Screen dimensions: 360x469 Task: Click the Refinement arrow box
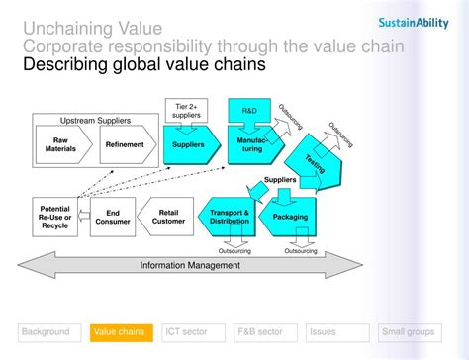coord(125,144)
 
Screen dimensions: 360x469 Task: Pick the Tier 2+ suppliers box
coord(187,112)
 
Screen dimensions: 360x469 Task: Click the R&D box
coord(248,110)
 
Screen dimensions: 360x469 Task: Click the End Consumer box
coord(113,217)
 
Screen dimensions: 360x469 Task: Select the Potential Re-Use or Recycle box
coord(53,217)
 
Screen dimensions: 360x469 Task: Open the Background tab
coord(46,332)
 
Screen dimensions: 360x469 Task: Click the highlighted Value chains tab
coord(119,332)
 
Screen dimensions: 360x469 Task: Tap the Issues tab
coord(333,332)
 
